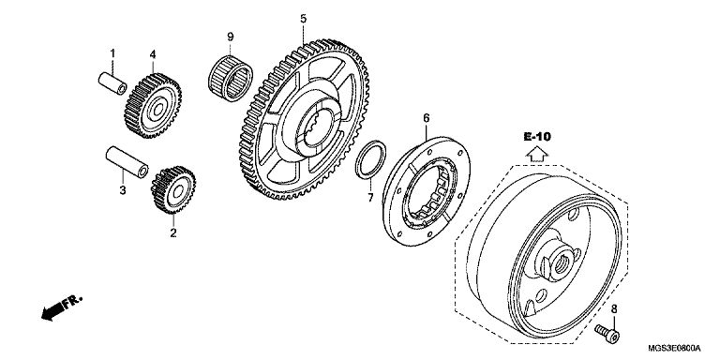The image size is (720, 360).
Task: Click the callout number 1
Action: (x=112, y=53)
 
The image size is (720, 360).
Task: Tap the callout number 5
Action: (x=304, y=19)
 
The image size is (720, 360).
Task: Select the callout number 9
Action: (x=231, y=37)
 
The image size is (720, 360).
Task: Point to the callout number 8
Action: (x=614, y=310)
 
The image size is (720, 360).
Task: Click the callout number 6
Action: (x=427, y=118)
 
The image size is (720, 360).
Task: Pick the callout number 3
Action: (x=123, y=189)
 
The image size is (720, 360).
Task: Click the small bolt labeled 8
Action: (x=607, y=333)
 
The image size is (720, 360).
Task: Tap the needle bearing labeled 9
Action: (x=231, y=78)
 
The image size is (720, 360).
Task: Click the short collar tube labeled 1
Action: (x=112, y=83)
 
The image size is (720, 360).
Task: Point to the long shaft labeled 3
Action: (x=127, y=162)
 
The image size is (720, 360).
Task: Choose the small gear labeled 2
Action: (x=173, y=189)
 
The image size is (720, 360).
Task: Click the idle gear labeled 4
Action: (x=153, y=106)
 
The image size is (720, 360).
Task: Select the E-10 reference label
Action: (x=537, y=136)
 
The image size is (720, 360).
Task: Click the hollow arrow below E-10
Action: (x=537, y=155)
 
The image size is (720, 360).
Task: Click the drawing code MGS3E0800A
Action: (x=675, y=348)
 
